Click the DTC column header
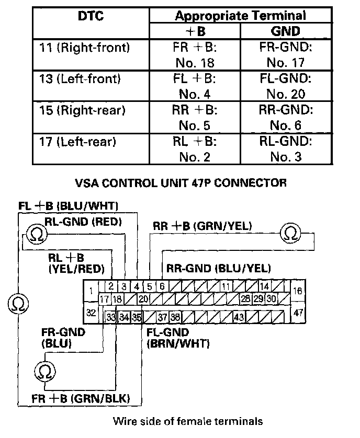[91, 16]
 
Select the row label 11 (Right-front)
[84, 48]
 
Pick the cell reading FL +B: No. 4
[195, 87]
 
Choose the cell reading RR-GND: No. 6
[285, 118]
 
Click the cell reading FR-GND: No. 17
[285, 55]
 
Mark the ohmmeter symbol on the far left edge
[17, 304]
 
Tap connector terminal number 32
[92, 314]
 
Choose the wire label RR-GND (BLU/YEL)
[219, 269]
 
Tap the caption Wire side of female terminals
[188, 421]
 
